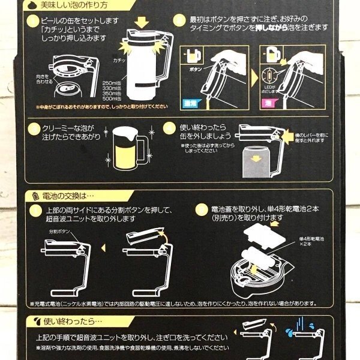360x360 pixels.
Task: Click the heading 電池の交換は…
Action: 65,196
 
